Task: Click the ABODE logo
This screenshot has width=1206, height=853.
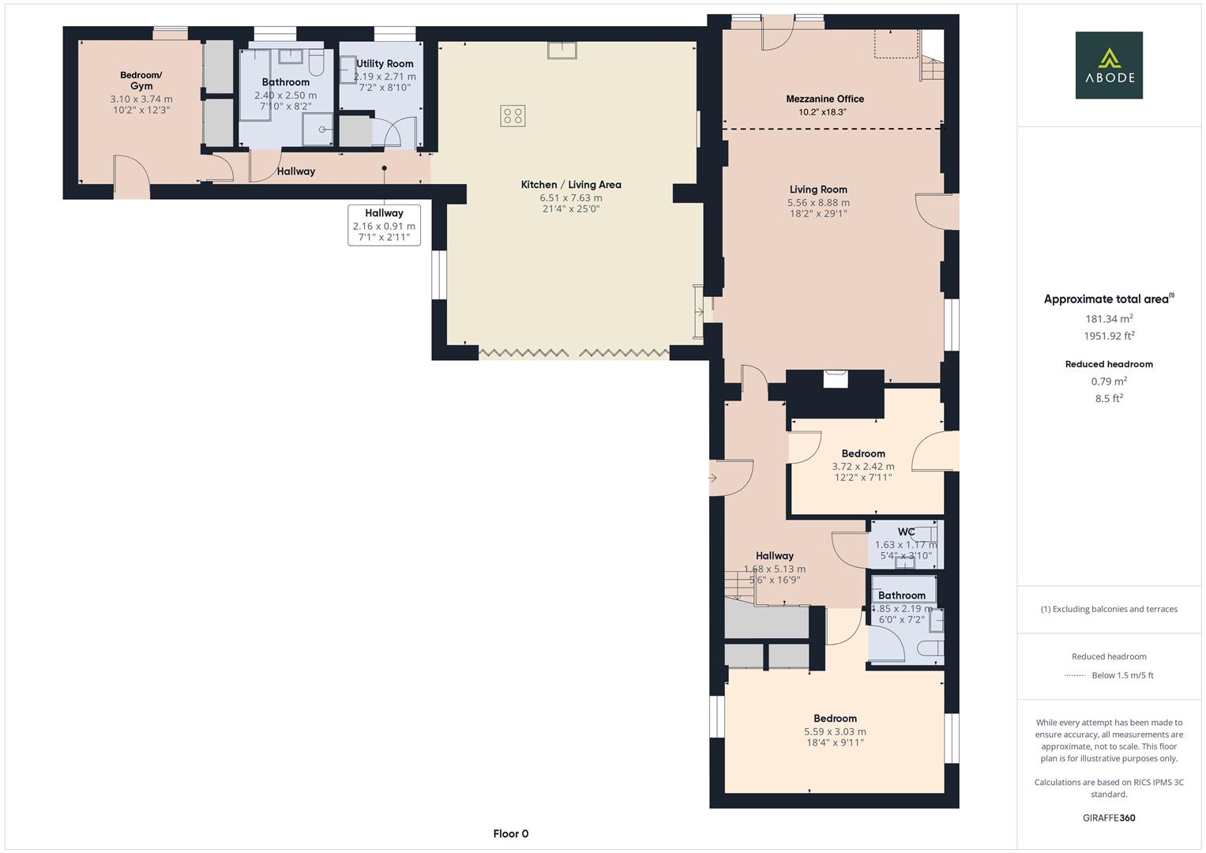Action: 1109,65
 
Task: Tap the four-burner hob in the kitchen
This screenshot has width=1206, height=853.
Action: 513,116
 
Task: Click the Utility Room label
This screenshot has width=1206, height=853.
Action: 385,63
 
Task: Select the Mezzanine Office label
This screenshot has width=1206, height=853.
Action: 825,99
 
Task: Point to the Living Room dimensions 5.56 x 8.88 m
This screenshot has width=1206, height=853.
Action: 818,202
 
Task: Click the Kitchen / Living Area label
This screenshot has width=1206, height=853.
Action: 571,184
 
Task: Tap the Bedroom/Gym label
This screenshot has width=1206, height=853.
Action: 141,81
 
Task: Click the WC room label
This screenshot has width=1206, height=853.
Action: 906,532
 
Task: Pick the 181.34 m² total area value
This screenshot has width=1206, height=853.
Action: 1109,318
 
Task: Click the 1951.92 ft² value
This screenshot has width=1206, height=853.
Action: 1109,336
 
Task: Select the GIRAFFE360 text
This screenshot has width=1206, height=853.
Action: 1109,817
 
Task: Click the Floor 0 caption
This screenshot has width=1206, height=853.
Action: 511,833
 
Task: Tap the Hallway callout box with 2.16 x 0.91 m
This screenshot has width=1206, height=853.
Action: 384,225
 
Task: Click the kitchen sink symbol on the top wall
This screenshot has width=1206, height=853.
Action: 562,50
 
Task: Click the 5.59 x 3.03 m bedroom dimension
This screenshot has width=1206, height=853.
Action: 835,731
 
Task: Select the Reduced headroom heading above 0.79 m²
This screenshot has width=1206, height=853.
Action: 1109,364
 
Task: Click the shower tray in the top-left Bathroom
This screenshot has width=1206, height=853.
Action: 317,130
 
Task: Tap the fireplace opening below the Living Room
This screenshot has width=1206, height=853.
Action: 836,379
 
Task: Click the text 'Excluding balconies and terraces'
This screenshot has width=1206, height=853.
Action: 1115,609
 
